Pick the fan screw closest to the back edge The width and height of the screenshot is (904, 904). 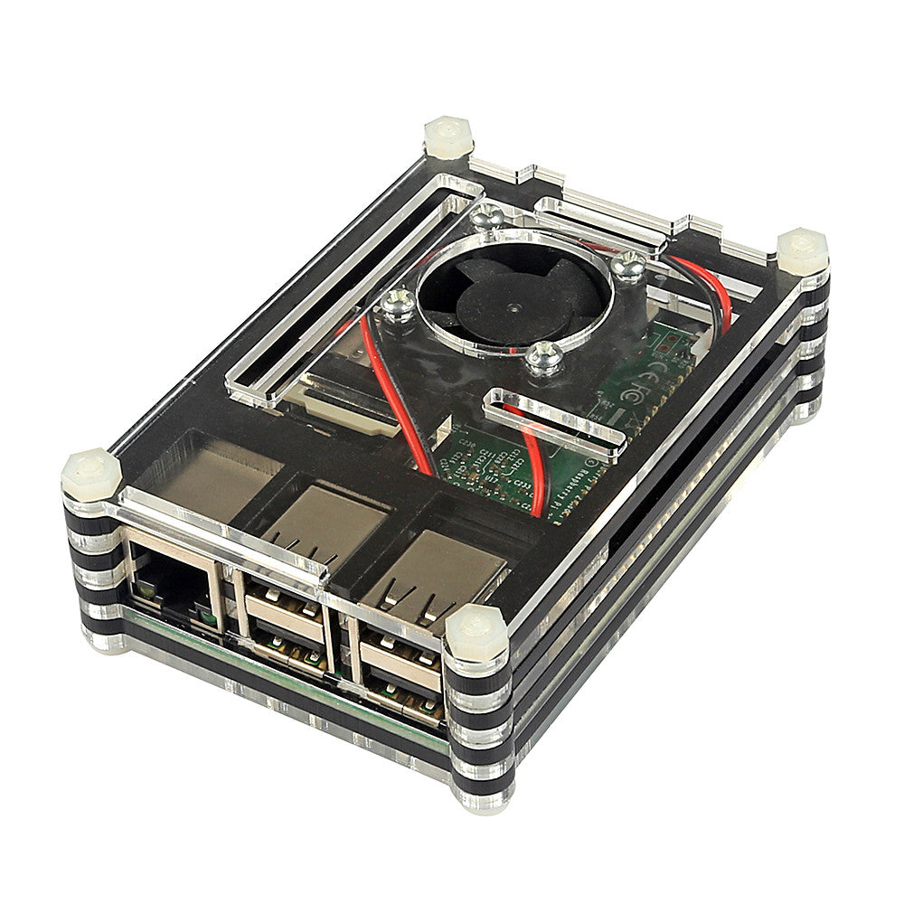[x=486, y=216]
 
